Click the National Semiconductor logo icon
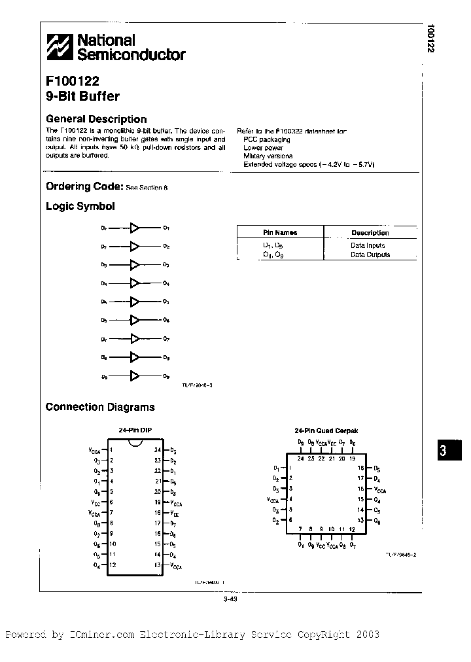click(60, 48)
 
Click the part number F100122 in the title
click(73, 83)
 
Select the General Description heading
click(96, 119)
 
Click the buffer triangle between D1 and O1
click(135, 228)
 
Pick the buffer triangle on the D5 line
click(135, 302)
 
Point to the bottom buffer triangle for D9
click(135, 376)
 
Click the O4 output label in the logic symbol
click(166, 283)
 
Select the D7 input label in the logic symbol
click(103, 340)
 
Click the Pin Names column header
click(280, 232)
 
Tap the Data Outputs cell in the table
click(370, 254)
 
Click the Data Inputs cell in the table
click(367, 245)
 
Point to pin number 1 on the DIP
click(112, 450)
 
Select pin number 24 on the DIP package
click(157, 450)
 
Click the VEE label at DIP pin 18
click(175, 514)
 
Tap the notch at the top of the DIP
click(135, 445)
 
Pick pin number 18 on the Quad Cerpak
click(360, 468)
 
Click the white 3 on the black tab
click(442, 452)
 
